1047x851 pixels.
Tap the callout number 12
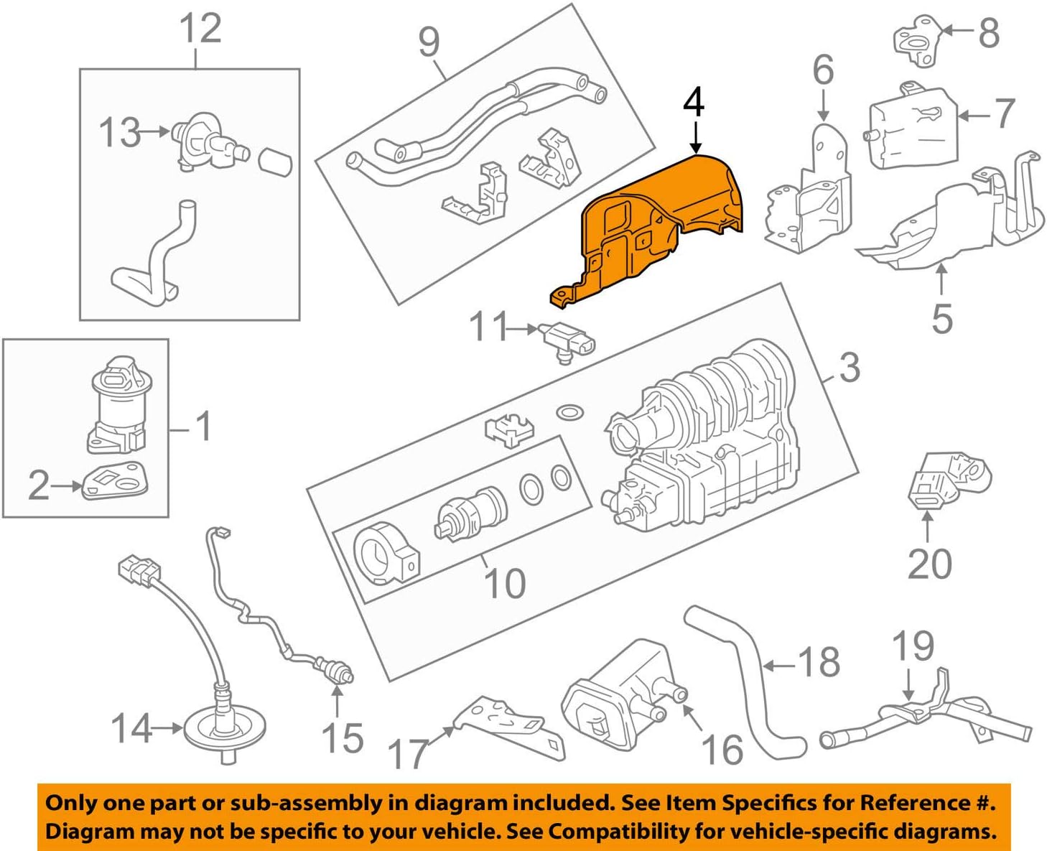point(200,29)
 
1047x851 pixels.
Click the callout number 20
point(929,564)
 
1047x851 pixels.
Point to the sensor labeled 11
point(567,341)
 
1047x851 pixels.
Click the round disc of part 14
point(224,731)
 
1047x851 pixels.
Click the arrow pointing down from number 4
point(694,136)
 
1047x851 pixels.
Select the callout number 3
point(850,368)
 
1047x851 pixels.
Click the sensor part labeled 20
point(948,478)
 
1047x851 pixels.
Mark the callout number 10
point(506,583)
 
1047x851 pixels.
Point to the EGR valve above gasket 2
point(115,402)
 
